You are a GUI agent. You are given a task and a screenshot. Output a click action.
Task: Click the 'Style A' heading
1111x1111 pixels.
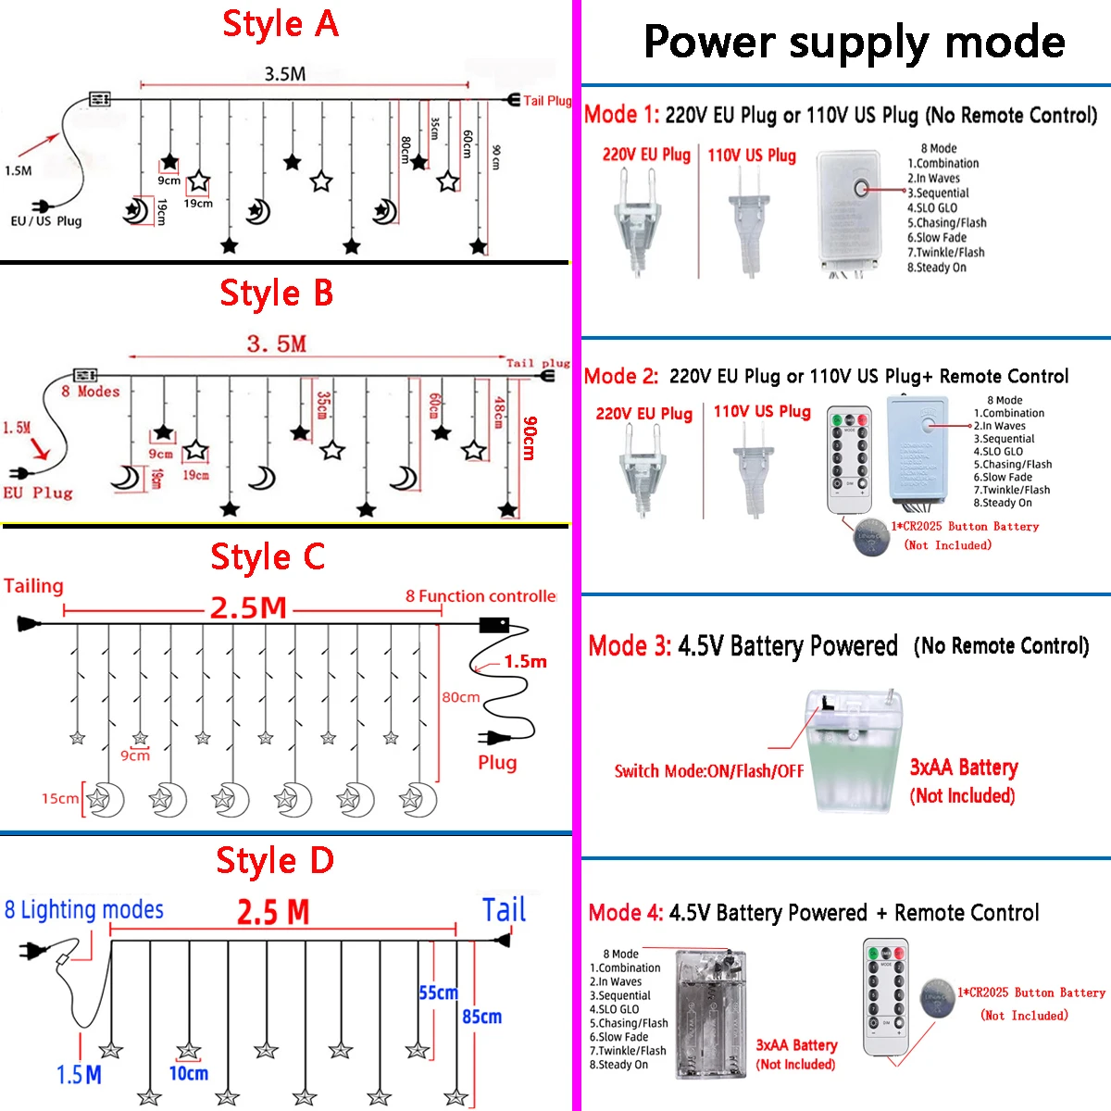(x=281, y=24)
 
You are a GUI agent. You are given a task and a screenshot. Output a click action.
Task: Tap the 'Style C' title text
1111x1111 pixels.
(x=268, y=557)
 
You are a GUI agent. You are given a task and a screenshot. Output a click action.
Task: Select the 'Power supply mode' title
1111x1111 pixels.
(x=854, y=43)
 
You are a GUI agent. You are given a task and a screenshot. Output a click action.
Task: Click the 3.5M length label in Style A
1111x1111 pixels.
(x=284, y=74)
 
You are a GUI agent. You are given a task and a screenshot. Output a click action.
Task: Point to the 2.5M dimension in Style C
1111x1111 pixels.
(x=248, y=608)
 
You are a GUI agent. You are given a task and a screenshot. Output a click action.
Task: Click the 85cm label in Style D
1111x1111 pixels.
(x=481, y=1017)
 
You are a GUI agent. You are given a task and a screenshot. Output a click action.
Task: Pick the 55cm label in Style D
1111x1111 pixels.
(x=438, y=992)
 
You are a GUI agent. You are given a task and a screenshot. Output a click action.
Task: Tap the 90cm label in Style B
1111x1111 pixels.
(x=529, y=438)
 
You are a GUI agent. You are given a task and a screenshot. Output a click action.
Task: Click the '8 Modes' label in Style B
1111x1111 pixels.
(x=90, y=392)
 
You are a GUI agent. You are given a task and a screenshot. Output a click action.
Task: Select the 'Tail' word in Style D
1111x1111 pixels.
(x=504, y=910)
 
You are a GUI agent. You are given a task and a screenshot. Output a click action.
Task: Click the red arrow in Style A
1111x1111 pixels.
(x=38, y=144)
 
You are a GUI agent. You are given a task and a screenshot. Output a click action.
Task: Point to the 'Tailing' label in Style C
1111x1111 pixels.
(x=33, y=586)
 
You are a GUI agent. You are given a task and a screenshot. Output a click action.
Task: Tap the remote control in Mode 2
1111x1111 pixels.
(x=849, y=459)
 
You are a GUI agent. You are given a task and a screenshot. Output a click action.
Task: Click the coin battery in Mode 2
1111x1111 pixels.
(x=871, y=536)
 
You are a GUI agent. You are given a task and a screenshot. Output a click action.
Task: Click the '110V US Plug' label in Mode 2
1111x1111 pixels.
(x=761, y=411)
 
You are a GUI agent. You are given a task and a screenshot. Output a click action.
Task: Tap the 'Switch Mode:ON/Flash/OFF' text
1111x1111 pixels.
(x=708, y=771)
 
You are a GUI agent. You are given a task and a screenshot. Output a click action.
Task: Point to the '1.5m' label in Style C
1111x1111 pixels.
(x=525, y=662)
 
